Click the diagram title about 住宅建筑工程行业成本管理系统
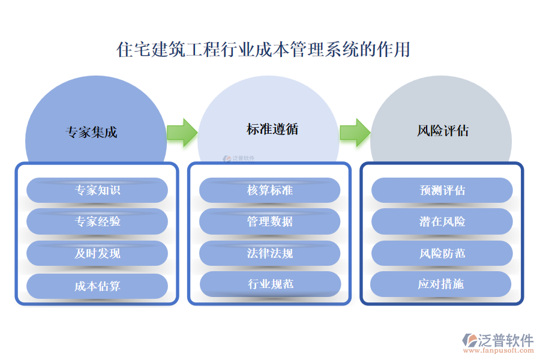pyautogui.click(x=263, y=49)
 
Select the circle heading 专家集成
pyautogui.click(x=91, y=132)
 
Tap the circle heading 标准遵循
pyautogui.click(x=272, y=129)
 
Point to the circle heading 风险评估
pyautogui.click(x=443, y=130)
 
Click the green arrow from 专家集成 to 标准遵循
pyautogui.click(x=182, y=132)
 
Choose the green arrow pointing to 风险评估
pyautogui.click(x=355, y=132)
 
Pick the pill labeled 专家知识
pyautogui.click(x=97, y=190)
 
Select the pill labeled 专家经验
pyautogui.click(x=97, y=221)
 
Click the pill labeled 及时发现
pyautogui.click(x=97, y=253)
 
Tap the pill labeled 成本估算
pyautogui.click(x=97, y=286)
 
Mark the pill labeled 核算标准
pyautogui.click(x=270, y=190)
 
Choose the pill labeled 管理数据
pyautogui.click(x=270, y=221)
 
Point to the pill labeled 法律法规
pyautogui.click(x=270, y=253)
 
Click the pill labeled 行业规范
pyautogui.click(x=270, y=284)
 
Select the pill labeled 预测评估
pyautogui.click(x=442, y=190)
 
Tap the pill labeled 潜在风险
pyautogui.click(x=442, y=221)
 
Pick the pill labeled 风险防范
pyautogui.click(x=442, y=253)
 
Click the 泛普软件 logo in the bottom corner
pyautogui.click(x=497, y=339)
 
